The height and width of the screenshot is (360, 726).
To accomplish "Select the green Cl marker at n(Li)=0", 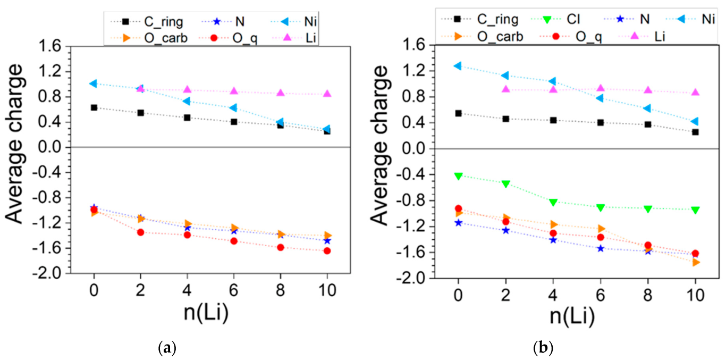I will point(458,175).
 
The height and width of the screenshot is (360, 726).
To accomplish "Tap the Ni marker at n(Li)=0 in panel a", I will point(94,83).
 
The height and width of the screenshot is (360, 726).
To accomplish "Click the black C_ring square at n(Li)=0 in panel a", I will point(94,107).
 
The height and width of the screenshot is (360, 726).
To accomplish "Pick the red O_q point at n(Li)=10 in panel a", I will point(327,250).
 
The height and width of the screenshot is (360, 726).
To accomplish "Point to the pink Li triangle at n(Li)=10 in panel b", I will point(695,92).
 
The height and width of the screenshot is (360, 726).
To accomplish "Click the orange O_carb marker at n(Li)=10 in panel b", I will point(695,262).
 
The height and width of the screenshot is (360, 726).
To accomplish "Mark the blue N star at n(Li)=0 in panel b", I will point(458,222).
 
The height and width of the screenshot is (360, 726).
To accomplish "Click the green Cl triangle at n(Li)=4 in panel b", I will point(553,202).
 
